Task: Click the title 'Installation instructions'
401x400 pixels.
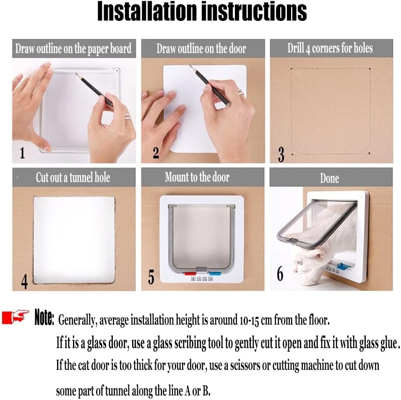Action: [x=202, y=11]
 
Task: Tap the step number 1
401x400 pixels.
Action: [x=22, y=153]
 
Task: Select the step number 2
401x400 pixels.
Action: [x=156, y=153]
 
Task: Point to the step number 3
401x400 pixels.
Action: [x=281, y=154]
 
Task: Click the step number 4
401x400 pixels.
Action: [x=24, y=282]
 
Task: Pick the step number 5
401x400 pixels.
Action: [x=151, y=278]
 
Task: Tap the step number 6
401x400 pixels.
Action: [x=280, y=274]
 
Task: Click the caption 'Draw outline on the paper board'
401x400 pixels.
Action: [x=73, y=49]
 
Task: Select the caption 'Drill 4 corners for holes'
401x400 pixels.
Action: [x=330, y=48]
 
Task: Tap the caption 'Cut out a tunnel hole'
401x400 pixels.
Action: [x=73, y=177]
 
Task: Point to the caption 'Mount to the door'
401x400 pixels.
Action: [x=197, y=177]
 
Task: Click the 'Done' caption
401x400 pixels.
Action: [x=329, y=178]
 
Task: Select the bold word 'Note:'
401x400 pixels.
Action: [x=44, y=317]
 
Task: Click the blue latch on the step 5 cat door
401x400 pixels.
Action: [x=214, y=273]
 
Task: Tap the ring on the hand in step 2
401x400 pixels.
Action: [x=241, y=92]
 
